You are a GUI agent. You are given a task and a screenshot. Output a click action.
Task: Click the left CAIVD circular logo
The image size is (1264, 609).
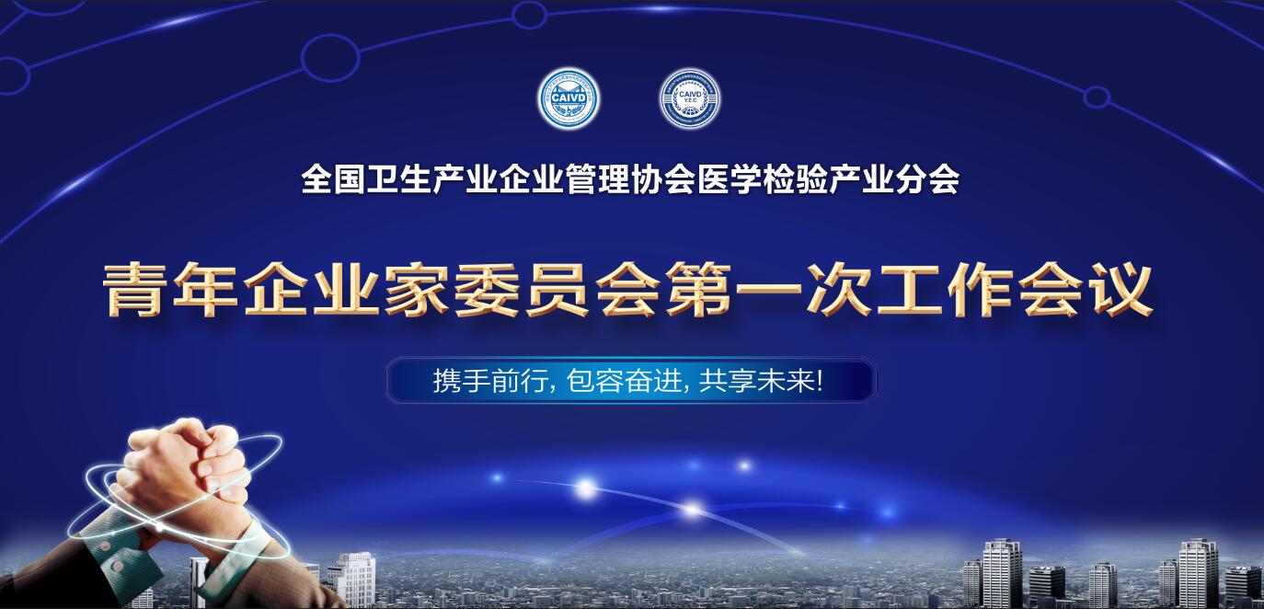tap(569, 99)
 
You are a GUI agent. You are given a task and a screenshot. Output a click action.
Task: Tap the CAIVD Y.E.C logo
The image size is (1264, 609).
tap(689, 99)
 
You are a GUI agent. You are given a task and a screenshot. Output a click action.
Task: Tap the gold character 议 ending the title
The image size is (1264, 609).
tap(1117, 290)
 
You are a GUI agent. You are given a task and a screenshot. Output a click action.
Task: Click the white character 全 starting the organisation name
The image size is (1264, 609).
tap(315, 179)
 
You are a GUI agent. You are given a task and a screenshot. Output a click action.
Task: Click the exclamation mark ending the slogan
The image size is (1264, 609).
tap(819, 382)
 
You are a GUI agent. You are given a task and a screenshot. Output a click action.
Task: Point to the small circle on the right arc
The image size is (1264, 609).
tap(1096, 97)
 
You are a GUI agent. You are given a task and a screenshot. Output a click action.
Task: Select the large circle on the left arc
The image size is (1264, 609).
tap(329, 56)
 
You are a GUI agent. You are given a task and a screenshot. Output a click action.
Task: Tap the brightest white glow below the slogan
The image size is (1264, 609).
tap(585, 487)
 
